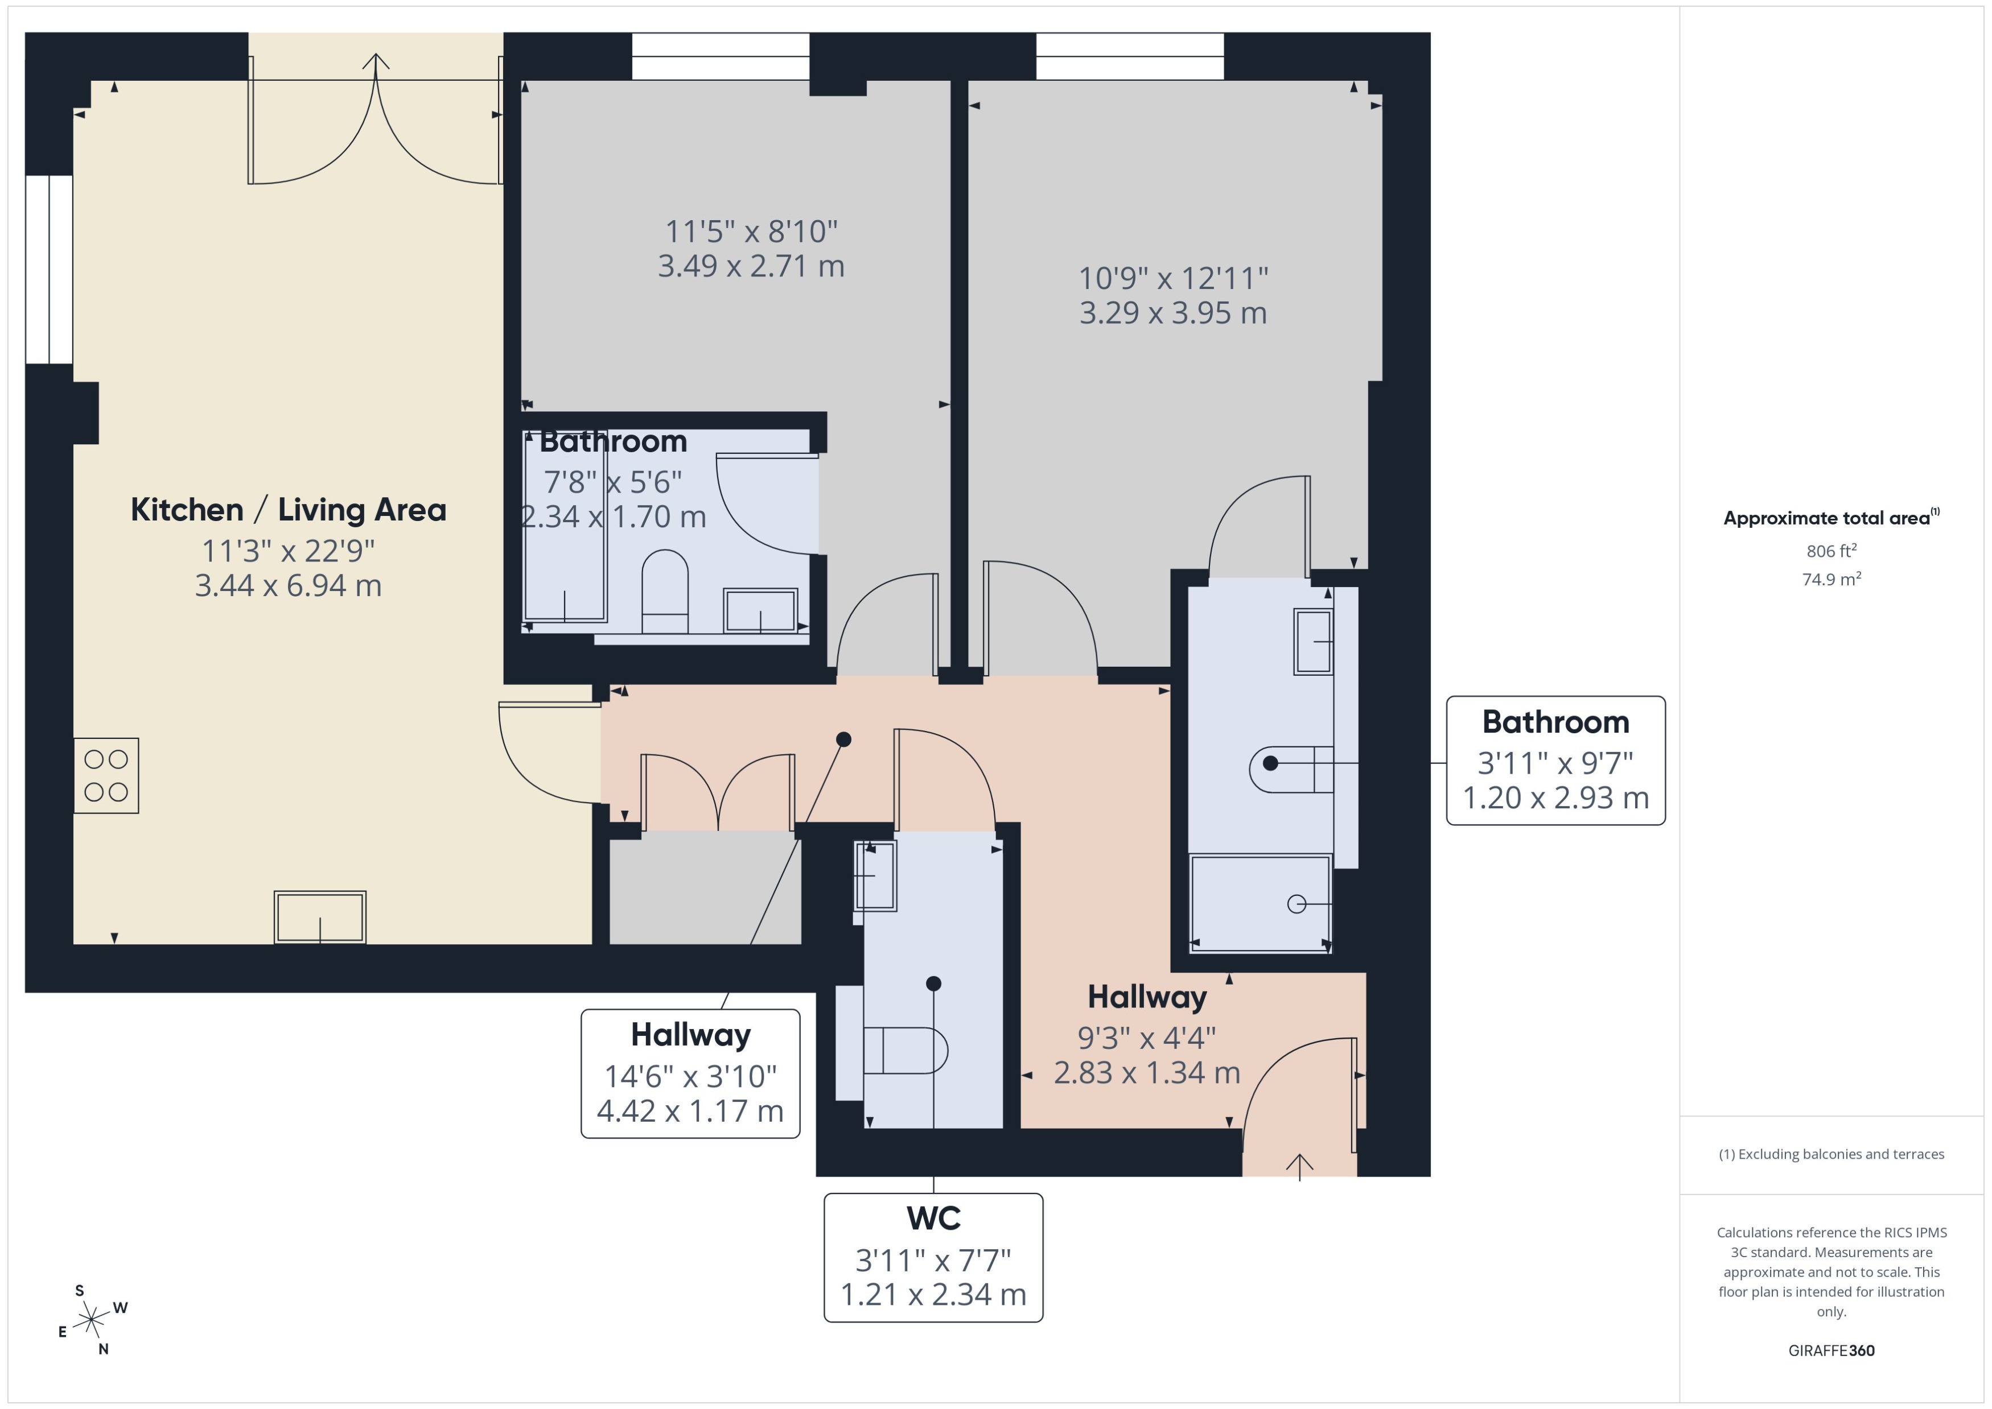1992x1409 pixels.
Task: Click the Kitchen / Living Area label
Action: (288, 510)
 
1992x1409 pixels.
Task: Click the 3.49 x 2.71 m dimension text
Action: (751, 266)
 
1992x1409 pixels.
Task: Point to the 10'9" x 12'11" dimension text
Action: (1172, 279)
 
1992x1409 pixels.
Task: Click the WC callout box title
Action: (933, 1218)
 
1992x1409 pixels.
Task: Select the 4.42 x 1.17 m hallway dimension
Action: (690, 1110)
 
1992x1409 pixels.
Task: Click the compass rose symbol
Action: (91, 1320)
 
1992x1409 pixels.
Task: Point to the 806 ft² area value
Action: (1830, 551)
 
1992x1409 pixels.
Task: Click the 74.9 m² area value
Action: (1830, 579)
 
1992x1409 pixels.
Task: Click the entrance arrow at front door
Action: (1299, 1167)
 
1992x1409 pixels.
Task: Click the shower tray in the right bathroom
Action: (1260, 904)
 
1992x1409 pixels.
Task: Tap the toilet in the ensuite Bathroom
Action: (665, 590)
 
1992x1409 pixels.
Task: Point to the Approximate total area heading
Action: (1830, 518)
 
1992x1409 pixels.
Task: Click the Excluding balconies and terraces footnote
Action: (1830, 1154)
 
